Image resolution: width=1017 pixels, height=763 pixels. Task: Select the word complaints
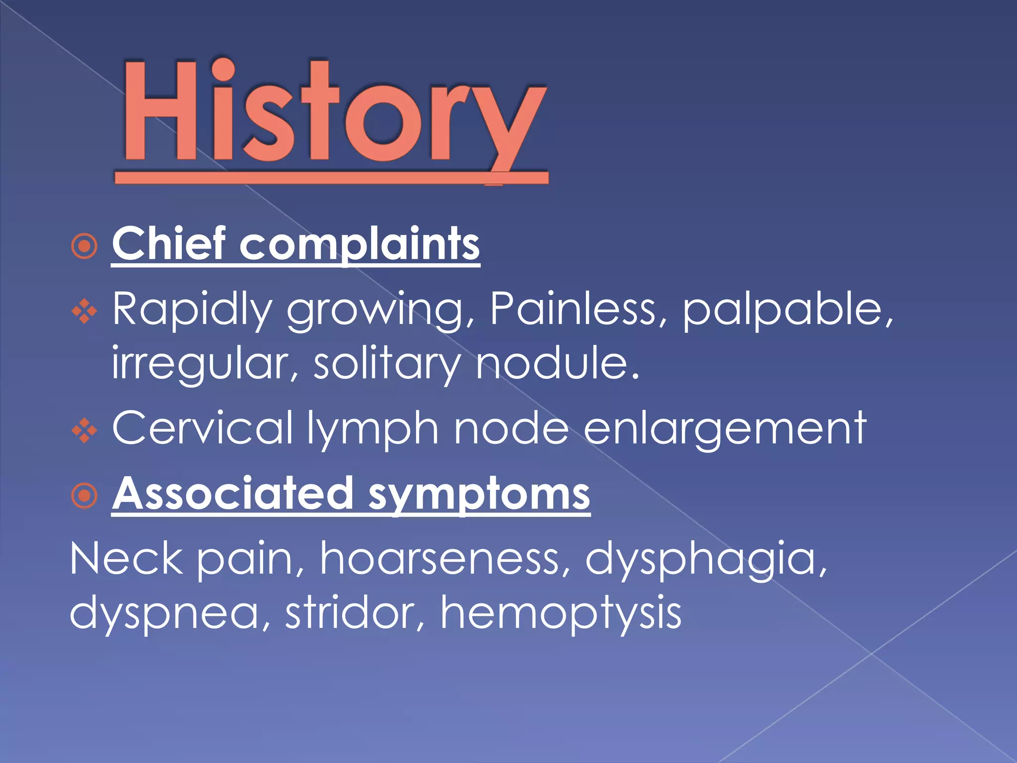[360, 244]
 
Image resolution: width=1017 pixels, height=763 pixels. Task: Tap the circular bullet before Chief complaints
[84, 246]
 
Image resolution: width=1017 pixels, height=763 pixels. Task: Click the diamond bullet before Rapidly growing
[84, 311]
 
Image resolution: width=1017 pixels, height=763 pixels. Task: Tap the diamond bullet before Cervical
[84, 430]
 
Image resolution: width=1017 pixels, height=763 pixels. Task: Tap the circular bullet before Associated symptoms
[84, 495]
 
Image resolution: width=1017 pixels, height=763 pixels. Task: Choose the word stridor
[355, 612]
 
